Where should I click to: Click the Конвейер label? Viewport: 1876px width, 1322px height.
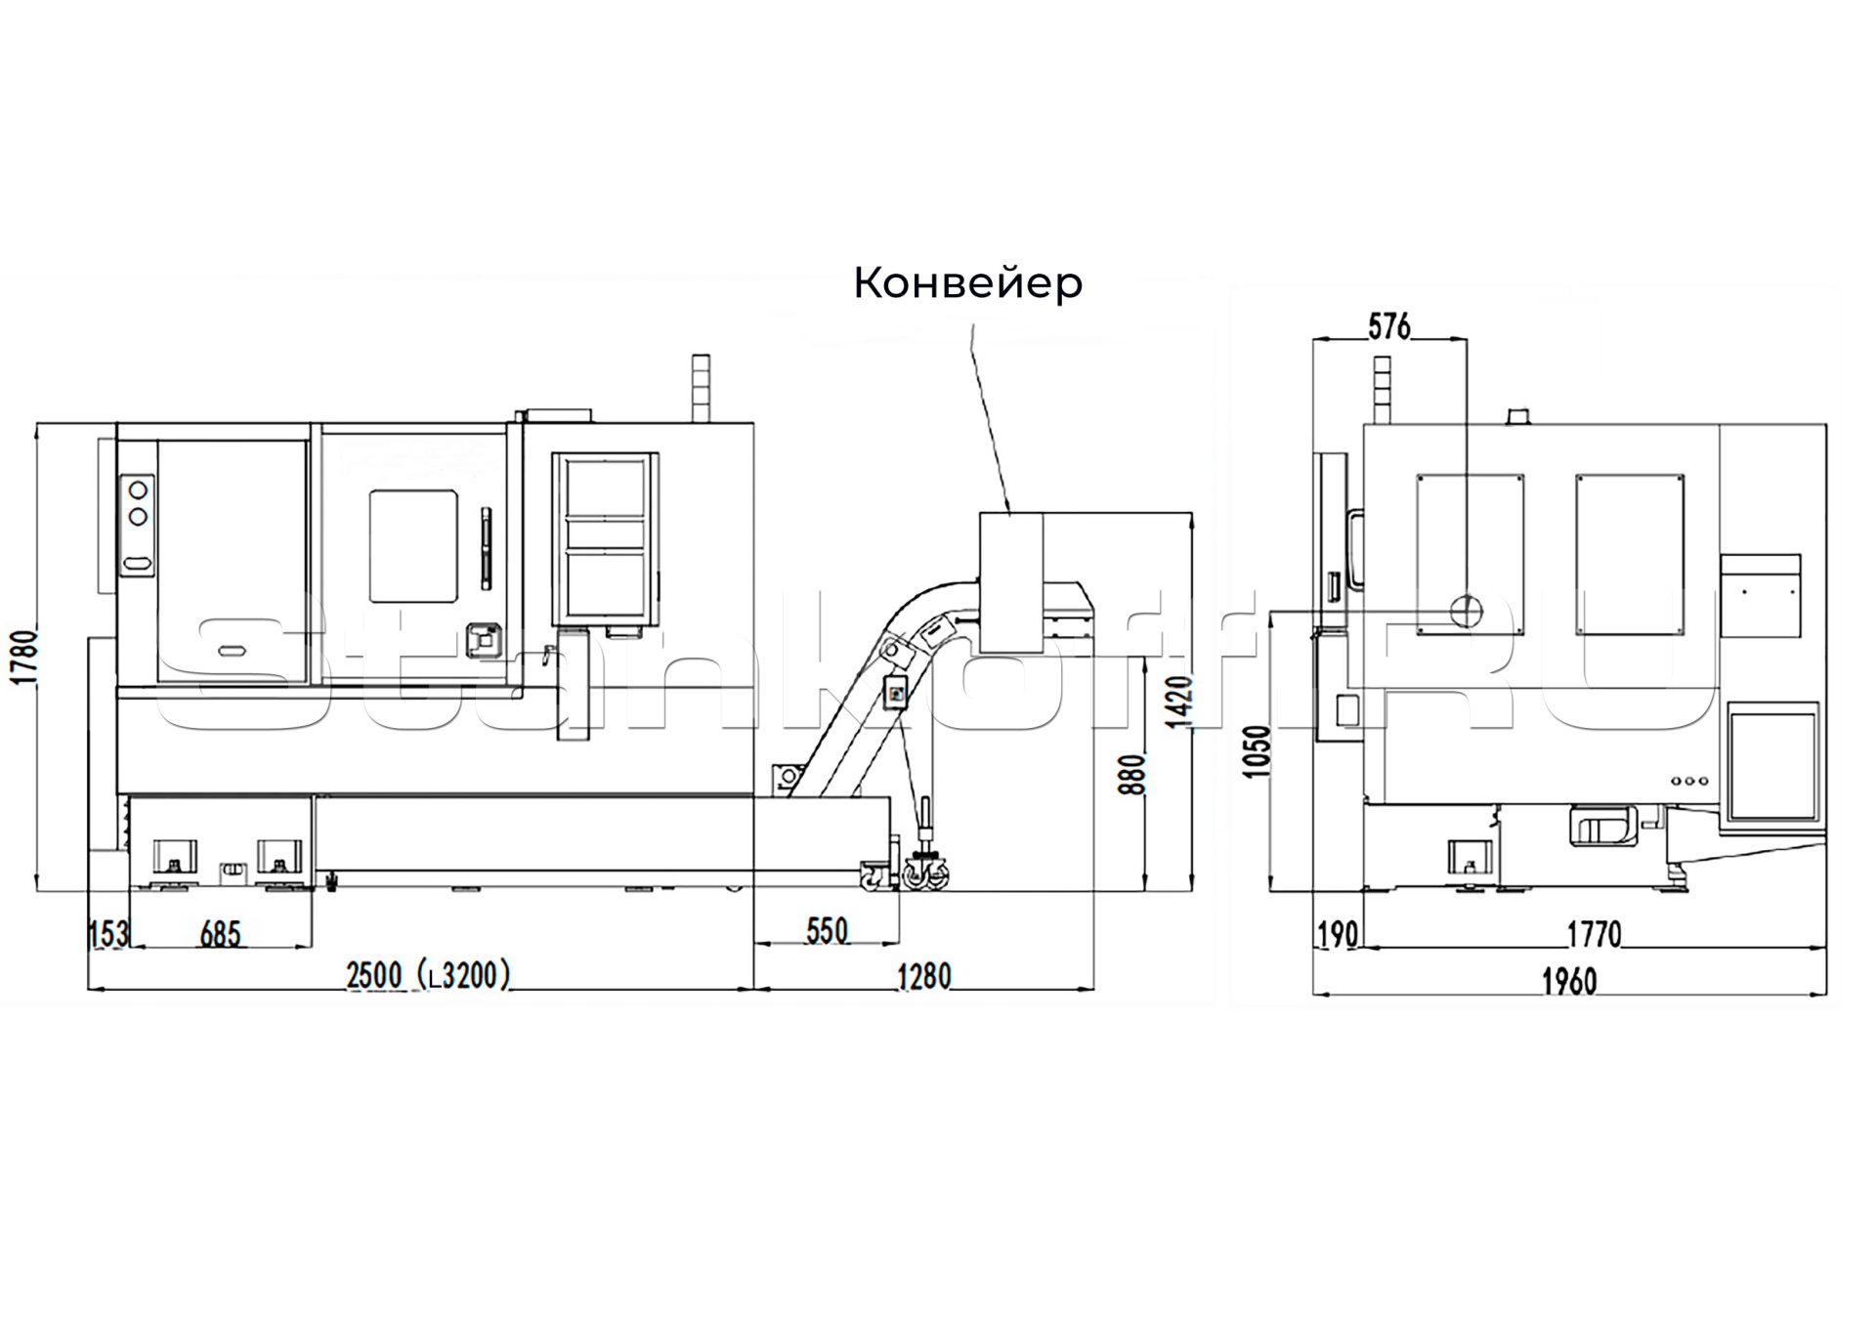tap(967, 283)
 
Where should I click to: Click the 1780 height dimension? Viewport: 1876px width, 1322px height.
tap(24, 657)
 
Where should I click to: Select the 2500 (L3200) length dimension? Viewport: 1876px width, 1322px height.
tap(428, 975)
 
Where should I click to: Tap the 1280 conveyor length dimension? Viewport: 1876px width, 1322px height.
tap(923, 976)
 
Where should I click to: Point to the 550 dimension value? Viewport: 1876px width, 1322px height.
tap(827, 931)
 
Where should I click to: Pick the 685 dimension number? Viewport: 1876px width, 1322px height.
tap(220, 934)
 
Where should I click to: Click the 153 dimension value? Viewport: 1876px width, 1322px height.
tap(107, 934)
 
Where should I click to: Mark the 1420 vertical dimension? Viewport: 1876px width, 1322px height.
tap(1180, 701)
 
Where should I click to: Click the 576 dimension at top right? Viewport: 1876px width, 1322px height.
tap(1388, 326)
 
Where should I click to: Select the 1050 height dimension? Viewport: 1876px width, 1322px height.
tap(1258, 751)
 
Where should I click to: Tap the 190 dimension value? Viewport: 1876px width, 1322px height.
tap(1337, 935)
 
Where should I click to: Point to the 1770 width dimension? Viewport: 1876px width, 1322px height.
tap(1594, 935)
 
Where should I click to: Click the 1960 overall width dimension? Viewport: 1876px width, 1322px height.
tap(1568, 981)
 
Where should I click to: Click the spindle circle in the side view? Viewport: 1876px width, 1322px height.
tap(1465, 612)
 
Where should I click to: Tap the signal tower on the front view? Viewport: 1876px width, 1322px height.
tap(700, 388)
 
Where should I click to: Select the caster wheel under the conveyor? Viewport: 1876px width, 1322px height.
tap(925, 873)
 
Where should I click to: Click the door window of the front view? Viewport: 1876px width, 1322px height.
tap(413, 546)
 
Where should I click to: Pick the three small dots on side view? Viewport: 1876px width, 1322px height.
tap(1690, 781)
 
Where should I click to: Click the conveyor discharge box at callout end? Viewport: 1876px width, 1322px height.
tap(1010, 582)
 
